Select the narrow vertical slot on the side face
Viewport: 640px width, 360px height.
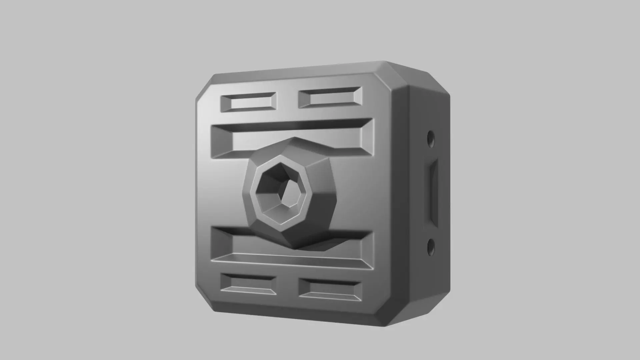[x=433, y=193]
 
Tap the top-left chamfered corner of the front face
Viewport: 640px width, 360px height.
[x=204, y=87]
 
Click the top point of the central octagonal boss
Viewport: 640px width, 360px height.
[x=293, y=138]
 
